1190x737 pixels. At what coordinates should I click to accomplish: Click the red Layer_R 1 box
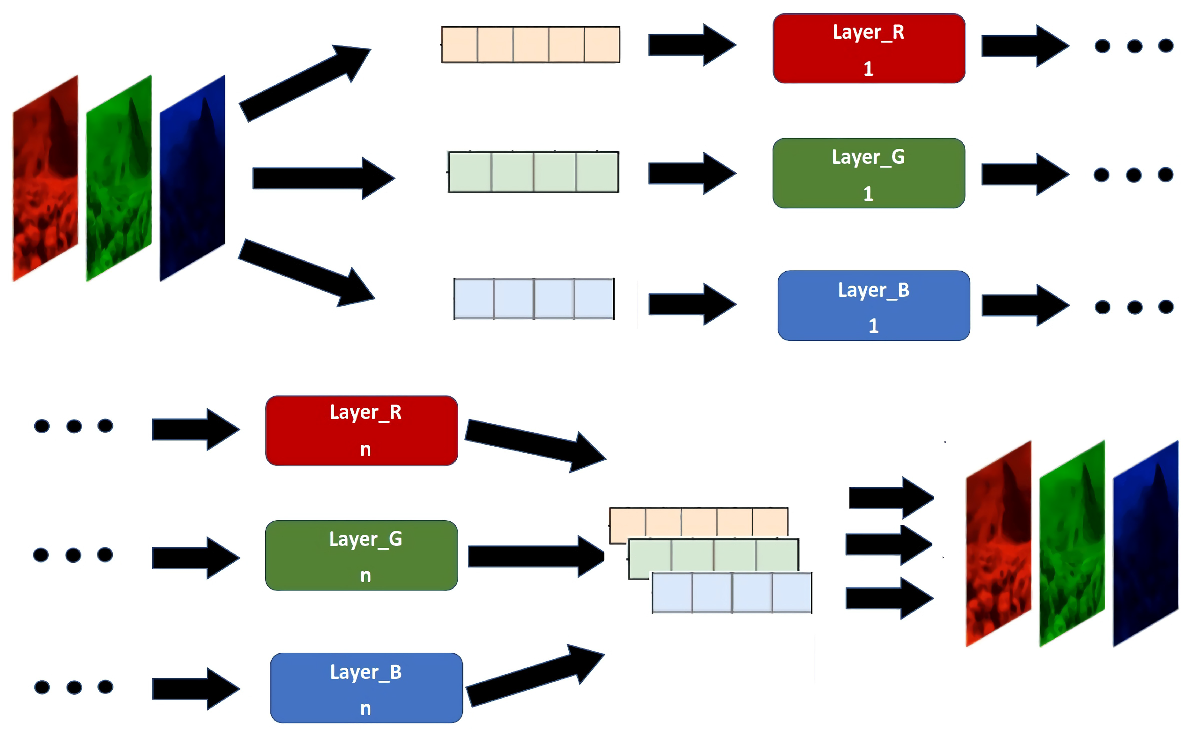(868, 48)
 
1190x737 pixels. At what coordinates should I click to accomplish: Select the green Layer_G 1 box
(868, 173)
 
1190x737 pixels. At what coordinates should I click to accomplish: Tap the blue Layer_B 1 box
(873, 306)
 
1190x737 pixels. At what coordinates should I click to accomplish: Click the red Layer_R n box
(361, 430)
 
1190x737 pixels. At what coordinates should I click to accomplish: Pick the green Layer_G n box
(361, 555)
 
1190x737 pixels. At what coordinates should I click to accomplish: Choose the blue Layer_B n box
(366, 688)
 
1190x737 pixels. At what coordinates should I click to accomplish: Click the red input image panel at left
(45, 178)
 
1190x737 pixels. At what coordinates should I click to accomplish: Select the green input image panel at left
(119, 178)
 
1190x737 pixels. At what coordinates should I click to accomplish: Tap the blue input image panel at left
(192, 178)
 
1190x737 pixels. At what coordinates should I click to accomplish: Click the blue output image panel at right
(1145, 544)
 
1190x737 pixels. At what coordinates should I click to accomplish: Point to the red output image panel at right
(998, 544)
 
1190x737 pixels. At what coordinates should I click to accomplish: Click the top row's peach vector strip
(530, 45)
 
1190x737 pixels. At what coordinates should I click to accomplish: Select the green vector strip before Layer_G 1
(533, 172)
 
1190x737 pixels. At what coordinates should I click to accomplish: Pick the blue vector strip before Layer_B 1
(534, 299)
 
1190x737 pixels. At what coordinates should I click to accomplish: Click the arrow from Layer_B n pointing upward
(534, 675)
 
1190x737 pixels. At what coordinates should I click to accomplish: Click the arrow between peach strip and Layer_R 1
(691, 45)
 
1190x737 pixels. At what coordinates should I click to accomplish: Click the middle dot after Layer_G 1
(1133, 175)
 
